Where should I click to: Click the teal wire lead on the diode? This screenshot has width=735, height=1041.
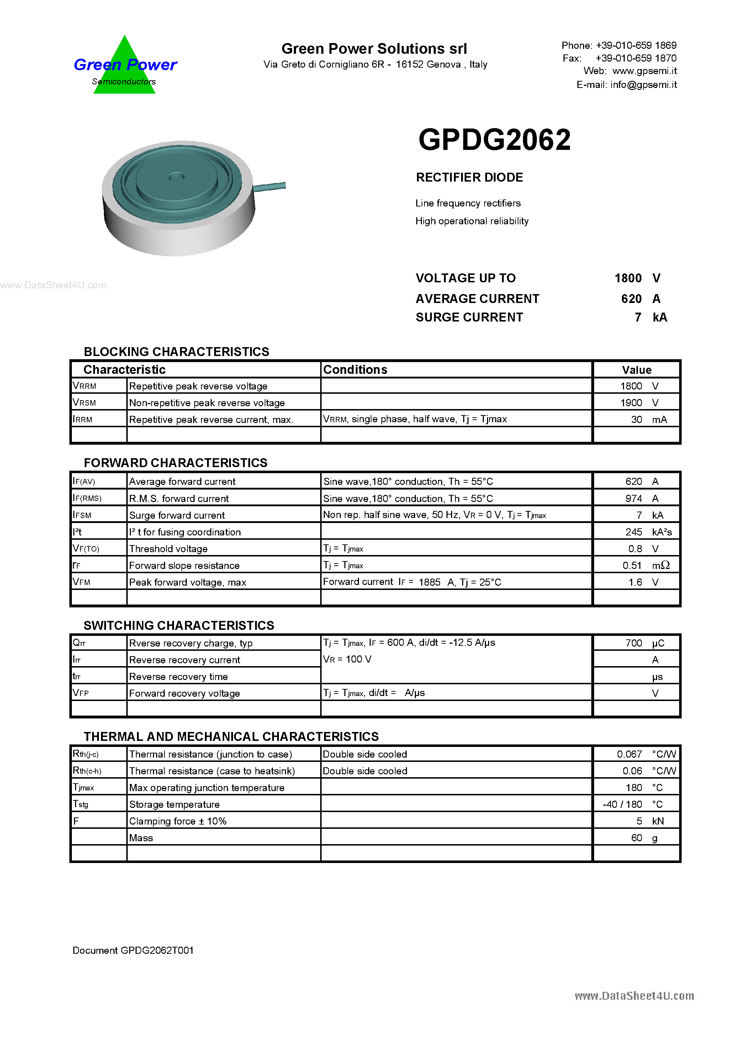pos(270,186)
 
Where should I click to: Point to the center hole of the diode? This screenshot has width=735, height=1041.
pos(176,176)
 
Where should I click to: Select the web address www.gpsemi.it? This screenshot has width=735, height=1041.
pos(644,71)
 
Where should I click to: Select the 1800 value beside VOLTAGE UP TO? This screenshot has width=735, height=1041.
pos(628,278)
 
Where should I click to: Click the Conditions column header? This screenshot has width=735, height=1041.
pos(355,370)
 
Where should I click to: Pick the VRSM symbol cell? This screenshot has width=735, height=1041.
pos(85,403)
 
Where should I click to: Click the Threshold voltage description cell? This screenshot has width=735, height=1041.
pos(168,549)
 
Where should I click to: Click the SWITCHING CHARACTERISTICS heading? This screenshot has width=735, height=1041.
pos(179,625)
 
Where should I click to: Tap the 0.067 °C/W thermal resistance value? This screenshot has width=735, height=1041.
pos(644,754)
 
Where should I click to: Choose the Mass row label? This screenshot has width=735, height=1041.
pos(141,838)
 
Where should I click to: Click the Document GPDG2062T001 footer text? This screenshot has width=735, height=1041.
pos(133,950)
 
